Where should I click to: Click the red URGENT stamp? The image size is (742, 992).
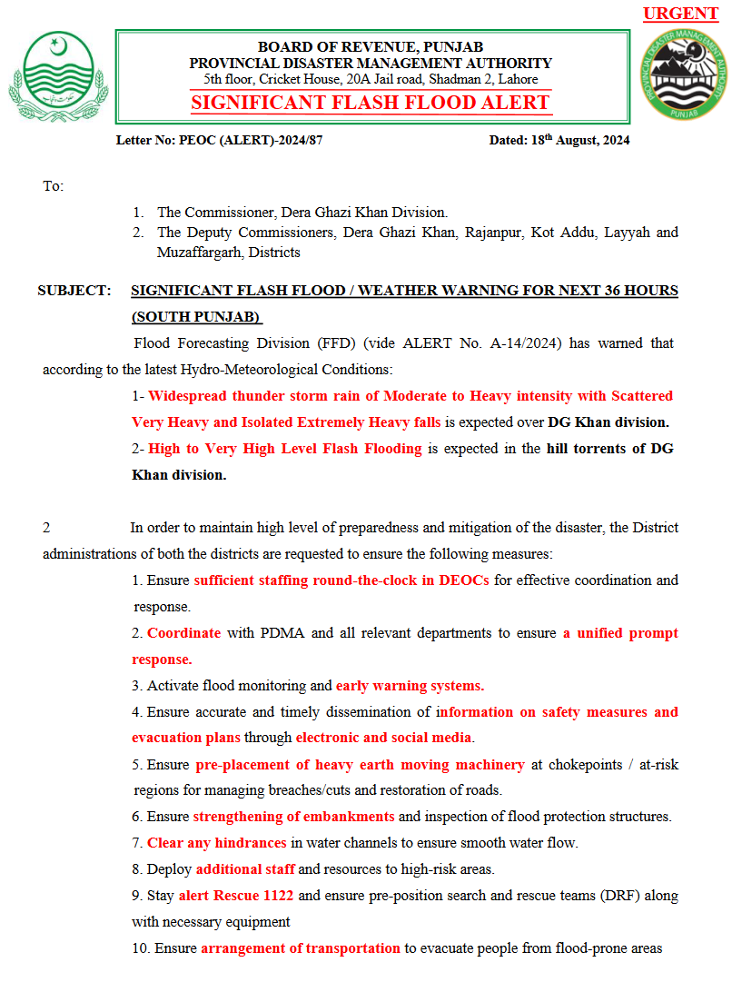point(680,14)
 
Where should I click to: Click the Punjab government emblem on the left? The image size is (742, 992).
point(59,76)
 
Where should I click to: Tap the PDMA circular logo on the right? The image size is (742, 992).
point(684,77)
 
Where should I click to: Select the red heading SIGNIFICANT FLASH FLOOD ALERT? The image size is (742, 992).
point(371,103)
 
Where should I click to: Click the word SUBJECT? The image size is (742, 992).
point(74,291)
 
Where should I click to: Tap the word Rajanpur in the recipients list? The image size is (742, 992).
point(495,233)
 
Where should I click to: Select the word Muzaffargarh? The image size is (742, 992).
point(197,253)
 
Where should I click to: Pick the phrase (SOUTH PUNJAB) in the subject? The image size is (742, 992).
point(196,317)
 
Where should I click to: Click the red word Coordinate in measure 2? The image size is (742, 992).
point(183,633)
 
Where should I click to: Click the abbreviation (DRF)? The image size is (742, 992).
point(618,896)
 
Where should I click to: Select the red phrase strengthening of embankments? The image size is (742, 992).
point(293,817)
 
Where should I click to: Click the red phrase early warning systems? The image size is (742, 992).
point(410,686)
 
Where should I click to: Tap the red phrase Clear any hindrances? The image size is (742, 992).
point(216,843)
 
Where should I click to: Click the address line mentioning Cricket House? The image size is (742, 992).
point(371,80)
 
